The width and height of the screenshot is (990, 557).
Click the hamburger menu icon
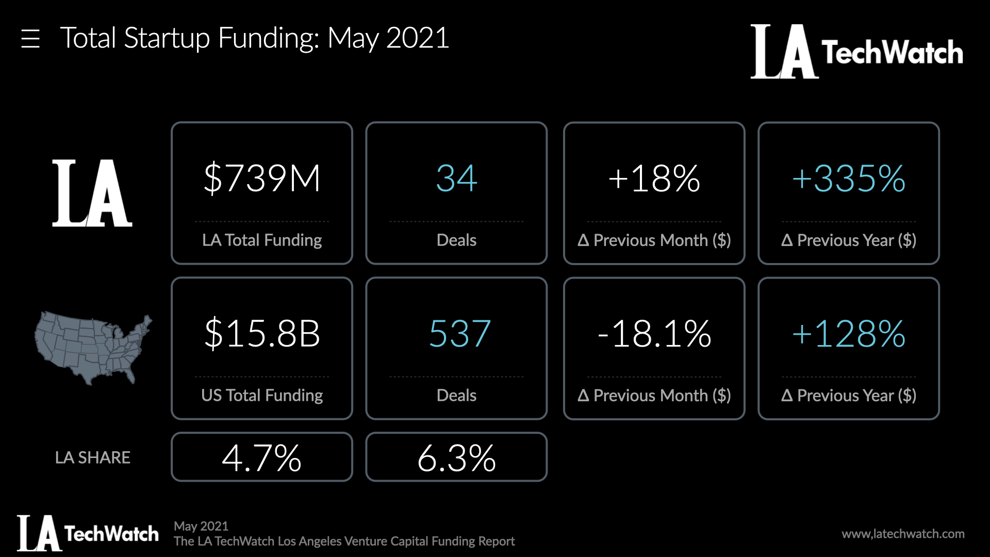click(x=30, y=39)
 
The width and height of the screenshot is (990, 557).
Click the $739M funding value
click(x=262, y=178)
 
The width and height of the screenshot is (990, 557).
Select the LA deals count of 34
click(x=456, y=178)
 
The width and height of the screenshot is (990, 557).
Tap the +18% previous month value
click(x=654, y=178)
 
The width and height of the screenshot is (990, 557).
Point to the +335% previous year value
click(x=849, y=178)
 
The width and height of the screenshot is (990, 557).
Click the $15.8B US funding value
click(x=262, y=334)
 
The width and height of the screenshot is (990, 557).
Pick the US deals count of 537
click(x=459, y=334)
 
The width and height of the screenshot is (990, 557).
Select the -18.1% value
click(x=654, y=334)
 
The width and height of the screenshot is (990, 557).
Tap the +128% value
click(x=849, y=334)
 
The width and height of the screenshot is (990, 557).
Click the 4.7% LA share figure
click(x=261, y=457)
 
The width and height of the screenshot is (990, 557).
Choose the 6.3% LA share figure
click(x=456, y=457)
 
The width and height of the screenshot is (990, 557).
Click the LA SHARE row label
click(x=93, y=457)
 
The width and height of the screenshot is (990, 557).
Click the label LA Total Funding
click(x=262, y=240)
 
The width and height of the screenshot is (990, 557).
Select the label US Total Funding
click(x=262, y=396)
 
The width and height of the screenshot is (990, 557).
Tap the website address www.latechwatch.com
click(x=903, y=534)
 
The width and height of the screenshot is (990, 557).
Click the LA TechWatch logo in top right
click(x=856, y=52)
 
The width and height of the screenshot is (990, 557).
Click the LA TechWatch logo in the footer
click(x=88, y=533)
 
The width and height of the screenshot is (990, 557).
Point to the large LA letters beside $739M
click(x=92, y=193)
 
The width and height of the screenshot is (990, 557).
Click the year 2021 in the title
click(x=418, y=38)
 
